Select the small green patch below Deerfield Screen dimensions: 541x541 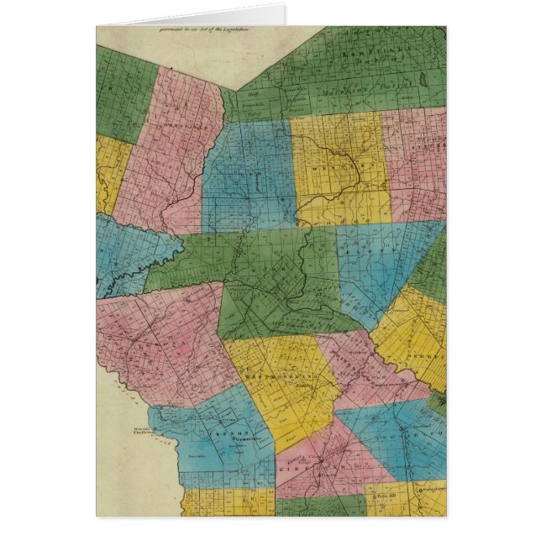(436, 404)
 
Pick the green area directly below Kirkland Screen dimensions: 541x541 (319, 507)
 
